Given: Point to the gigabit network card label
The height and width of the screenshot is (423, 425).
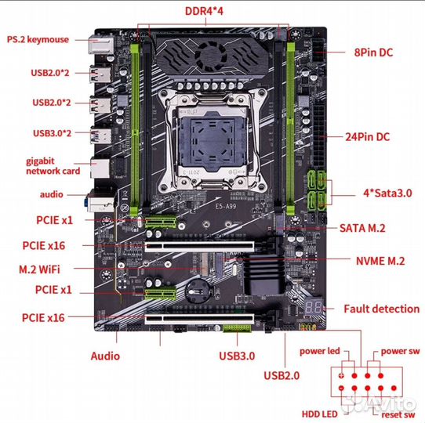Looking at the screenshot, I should tap(53, 165).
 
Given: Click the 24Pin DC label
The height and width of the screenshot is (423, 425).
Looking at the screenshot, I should tap(368, 136).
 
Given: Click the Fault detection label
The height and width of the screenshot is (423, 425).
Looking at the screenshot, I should tap(381, 309).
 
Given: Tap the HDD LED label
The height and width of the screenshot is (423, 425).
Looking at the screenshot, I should tap(321, 413).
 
